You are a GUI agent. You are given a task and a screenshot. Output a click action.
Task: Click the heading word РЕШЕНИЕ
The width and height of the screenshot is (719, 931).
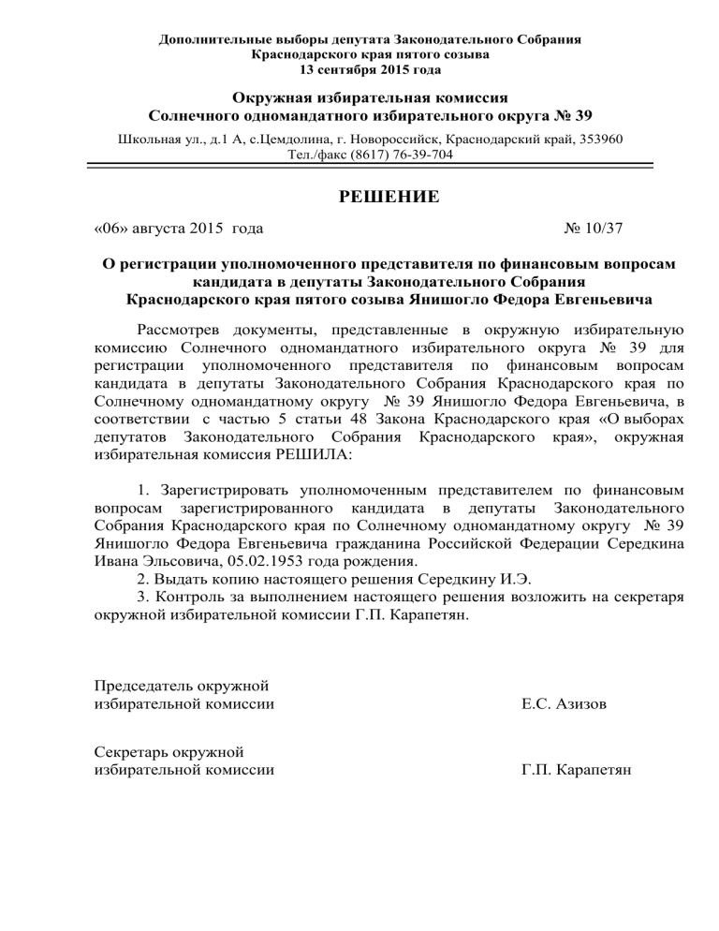(359, 197)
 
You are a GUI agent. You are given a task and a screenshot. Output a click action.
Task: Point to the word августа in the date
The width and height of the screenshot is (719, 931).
(164, 228)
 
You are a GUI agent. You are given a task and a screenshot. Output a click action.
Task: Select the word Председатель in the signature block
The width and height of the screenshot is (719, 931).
(149, 682)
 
